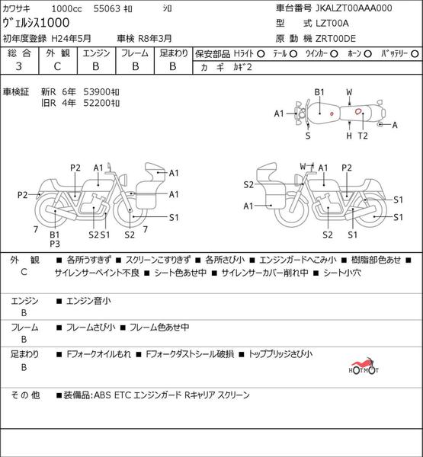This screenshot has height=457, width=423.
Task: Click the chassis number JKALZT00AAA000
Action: (x=354, y=8)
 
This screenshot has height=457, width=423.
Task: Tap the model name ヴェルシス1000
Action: (x=36, y=23)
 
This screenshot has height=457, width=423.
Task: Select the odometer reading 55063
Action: (x=107, y=8)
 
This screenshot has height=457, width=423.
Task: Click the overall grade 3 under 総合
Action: (x=18, y=66)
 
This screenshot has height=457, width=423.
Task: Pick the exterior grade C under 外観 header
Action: (x=57, y=66)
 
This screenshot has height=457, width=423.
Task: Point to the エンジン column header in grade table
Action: (x=96, y=53)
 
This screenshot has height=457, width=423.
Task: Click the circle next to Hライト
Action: (x=261, y=54)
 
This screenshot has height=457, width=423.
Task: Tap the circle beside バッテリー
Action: (x=415, y=54)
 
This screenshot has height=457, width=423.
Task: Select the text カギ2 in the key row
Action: (x=242, y=67)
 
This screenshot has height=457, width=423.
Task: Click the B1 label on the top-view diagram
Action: (x=319, y=92)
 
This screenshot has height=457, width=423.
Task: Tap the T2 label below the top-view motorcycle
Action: (x=363, y=136)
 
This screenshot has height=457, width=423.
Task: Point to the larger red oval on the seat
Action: (x=358, y=111)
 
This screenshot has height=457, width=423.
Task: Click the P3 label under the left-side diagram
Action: (x=55, y=244)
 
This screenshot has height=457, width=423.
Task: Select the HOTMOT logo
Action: (x=364, y=366)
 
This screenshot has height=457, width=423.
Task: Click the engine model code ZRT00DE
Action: (x=336, y=39)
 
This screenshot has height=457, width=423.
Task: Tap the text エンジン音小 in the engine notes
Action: (x=88, y=301)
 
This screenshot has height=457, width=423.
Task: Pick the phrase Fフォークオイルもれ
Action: (x=98, y=354)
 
